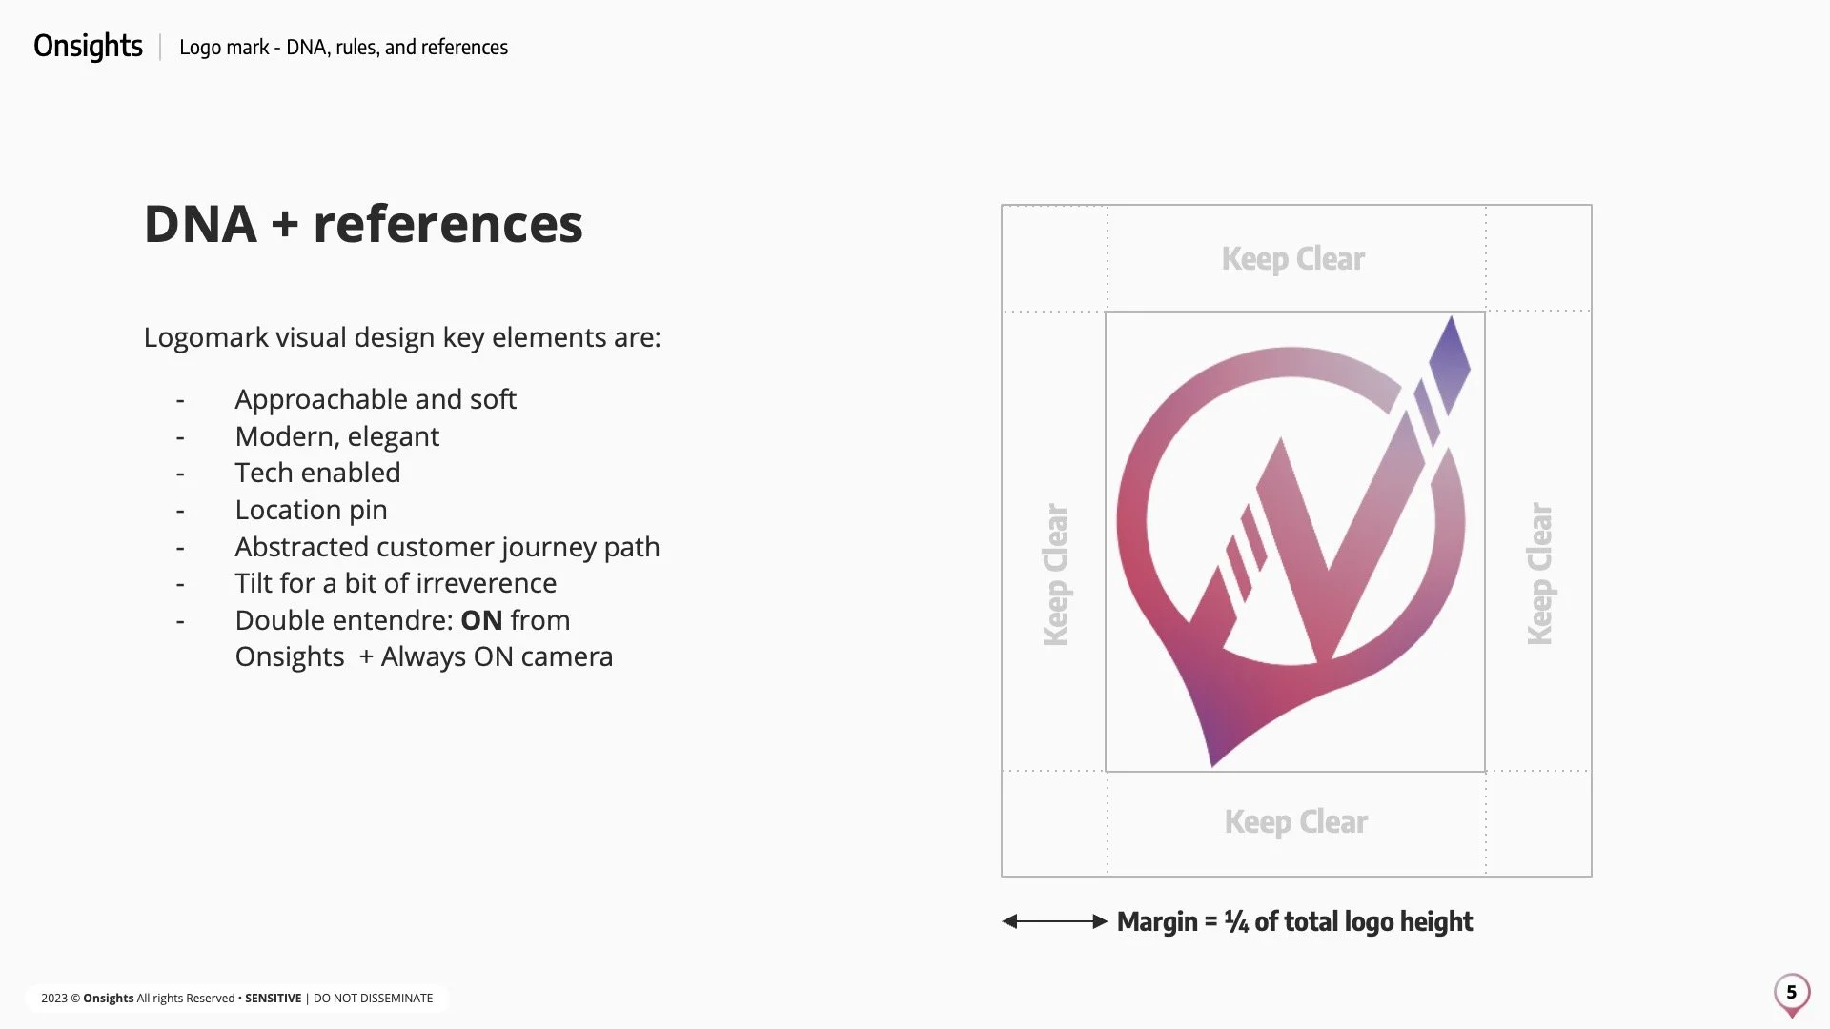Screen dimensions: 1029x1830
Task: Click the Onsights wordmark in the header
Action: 88,46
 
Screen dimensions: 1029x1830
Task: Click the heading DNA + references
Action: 363,225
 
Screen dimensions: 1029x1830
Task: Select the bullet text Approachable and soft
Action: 376,399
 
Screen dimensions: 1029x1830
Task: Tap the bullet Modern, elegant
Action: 336,436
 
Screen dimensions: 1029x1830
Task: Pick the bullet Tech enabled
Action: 317,473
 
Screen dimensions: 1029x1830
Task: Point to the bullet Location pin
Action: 311,510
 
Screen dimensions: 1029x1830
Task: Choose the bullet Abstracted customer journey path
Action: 447,547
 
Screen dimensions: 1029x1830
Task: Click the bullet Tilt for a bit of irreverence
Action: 396,583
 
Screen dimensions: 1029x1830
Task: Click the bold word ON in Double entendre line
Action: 481,620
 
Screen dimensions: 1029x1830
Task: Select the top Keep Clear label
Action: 1293,259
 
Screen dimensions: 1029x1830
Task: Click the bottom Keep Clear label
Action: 1296,822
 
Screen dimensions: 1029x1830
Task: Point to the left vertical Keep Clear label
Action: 1056,575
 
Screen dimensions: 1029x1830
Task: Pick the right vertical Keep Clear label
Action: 1539,575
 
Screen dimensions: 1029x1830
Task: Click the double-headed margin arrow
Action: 1054,921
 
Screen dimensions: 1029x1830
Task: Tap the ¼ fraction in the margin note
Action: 1236,922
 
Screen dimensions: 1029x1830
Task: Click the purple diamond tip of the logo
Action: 1450,362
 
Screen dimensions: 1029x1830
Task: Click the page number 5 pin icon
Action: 1792,994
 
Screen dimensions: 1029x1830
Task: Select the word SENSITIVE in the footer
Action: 273,999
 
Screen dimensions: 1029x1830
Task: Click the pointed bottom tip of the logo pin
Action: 1212,761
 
